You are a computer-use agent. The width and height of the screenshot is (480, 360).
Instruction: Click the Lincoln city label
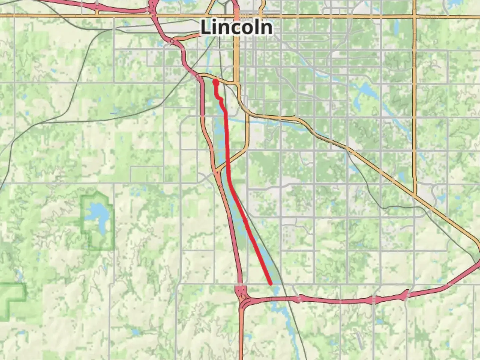[x=236, y=28]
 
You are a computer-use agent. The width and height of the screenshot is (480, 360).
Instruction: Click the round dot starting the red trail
[x=216, y=82]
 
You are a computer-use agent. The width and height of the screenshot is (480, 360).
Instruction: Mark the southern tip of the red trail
[x=270, y=283]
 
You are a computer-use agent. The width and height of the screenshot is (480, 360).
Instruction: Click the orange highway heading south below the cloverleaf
[x=241, y=333]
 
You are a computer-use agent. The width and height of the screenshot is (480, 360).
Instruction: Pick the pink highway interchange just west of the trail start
[x=197, y=77]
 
